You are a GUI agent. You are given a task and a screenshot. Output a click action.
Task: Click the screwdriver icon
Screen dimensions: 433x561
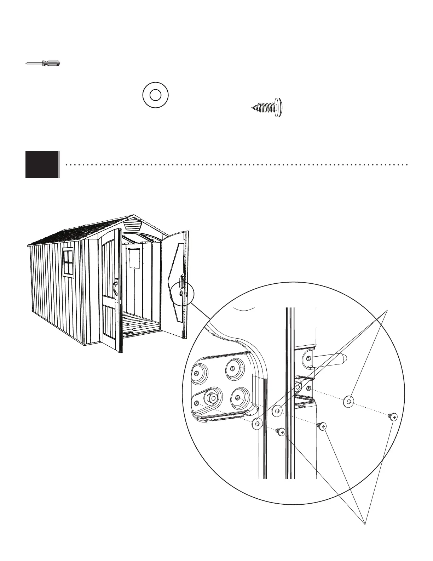coord(43,63)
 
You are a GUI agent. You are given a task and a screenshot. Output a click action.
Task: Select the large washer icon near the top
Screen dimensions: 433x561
coord(155,95)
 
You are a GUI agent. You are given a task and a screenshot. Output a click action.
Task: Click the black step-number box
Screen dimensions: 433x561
coord(42,164)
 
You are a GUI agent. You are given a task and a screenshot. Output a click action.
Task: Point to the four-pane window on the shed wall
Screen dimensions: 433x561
coord(68,261)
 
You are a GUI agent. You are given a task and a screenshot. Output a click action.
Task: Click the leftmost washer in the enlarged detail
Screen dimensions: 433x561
coord(257,423)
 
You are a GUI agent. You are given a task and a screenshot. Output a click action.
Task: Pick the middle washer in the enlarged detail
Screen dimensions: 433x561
coord(277,411)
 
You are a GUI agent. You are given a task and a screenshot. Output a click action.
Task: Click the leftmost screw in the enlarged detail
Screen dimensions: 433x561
coord(281,431)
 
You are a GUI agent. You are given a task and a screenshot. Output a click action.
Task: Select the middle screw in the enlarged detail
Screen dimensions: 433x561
coord(322,426)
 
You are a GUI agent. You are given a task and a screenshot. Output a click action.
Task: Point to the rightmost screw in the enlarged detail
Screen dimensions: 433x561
coord(393,416)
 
